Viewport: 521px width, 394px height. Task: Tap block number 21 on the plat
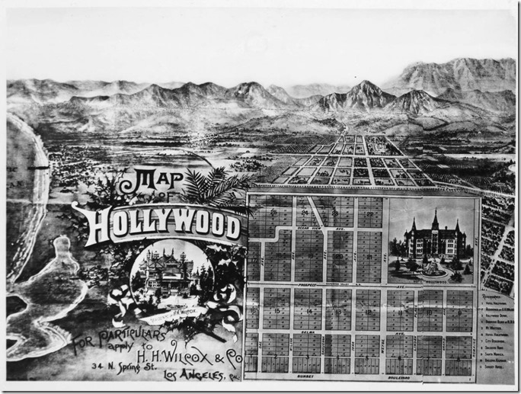tap(369, 257)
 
